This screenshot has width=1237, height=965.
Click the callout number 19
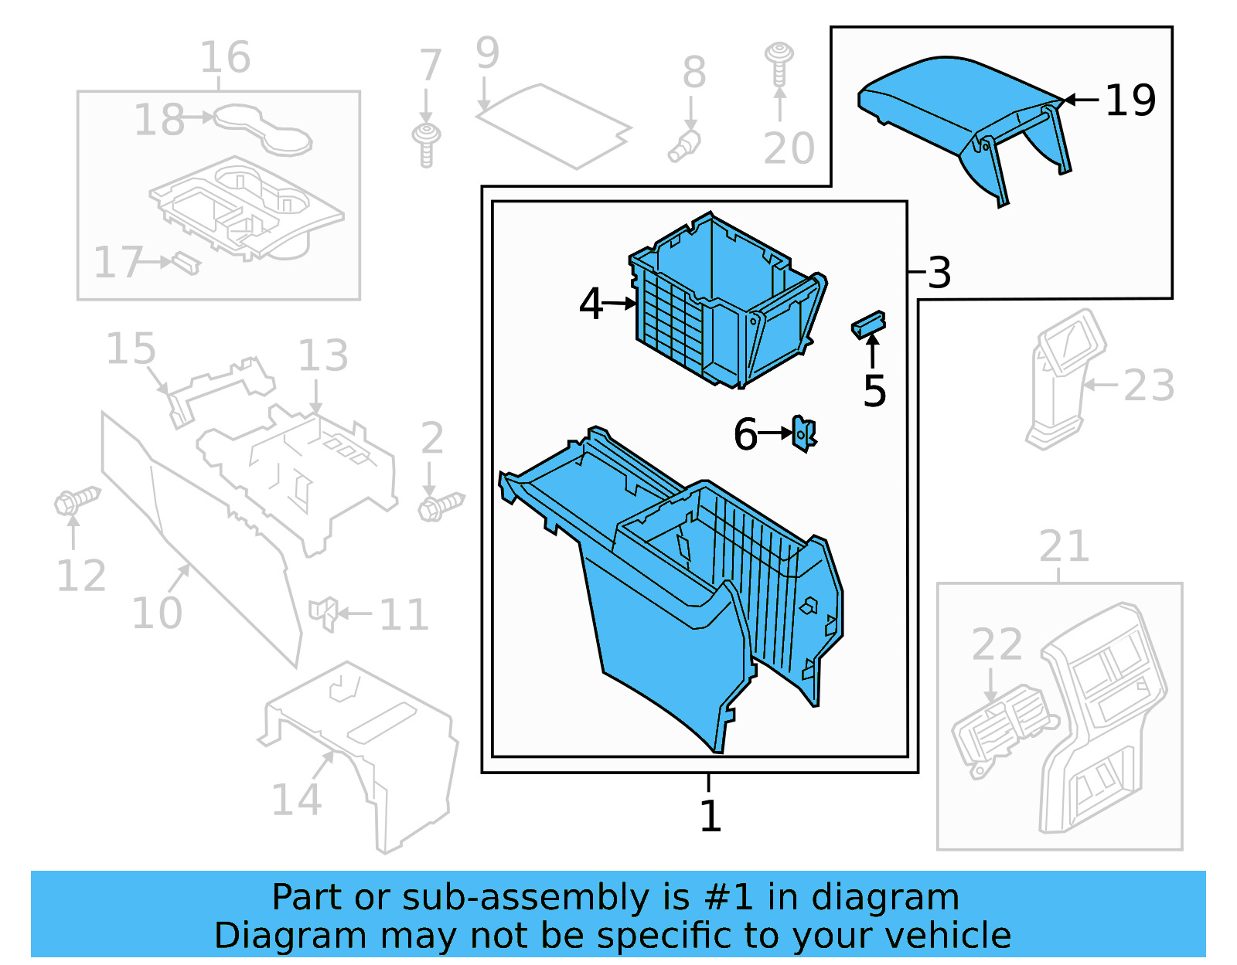(x=1130, y=100)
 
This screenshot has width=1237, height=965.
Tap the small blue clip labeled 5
(x=868, y=324)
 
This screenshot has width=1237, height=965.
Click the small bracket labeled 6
(x=804, y=433)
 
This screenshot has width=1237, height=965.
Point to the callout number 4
(x=591, y=304)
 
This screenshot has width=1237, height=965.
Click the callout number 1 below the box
(x=710, y=816)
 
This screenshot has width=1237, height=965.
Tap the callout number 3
(x=939, y=272)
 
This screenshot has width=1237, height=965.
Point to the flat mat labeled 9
(x=553, y=125)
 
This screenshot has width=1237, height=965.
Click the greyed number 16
(x=225, y=57)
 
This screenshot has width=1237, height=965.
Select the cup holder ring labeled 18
(x=263, y=130)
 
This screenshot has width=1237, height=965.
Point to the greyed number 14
(x=295, y=800)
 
